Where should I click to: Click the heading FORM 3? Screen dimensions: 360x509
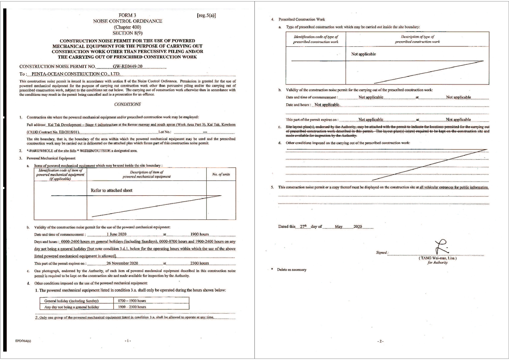coord(127,15)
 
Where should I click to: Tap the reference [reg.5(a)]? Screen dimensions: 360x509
coord(206,15)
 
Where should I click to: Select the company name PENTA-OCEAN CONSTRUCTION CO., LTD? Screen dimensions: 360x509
coord(76,74)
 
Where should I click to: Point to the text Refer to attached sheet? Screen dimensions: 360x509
coord(111,190)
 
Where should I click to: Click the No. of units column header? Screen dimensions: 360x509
coord(221,174)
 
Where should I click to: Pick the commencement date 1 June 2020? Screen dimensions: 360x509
coord(116,234)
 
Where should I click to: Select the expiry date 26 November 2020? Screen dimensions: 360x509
coord(122,263)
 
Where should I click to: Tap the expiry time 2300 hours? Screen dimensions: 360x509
coord(199,263)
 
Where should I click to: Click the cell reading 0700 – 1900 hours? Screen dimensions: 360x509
coord(132,301)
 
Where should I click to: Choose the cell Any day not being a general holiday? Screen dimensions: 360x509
coord(72,307)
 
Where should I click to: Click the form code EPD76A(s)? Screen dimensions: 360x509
coord(23,341)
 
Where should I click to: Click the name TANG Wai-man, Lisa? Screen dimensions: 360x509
coord(438,258)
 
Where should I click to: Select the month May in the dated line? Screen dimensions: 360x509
coord(339,227)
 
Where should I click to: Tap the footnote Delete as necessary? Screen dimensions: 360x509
coord(291,270)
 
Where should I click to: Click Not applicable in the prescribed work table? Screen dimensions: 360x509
coord(363,54)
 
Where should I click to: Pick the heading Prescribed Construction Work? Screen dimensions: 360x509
coord(302,19)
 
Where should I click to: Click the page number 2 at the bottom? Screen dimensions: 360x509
coord(380,341)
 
